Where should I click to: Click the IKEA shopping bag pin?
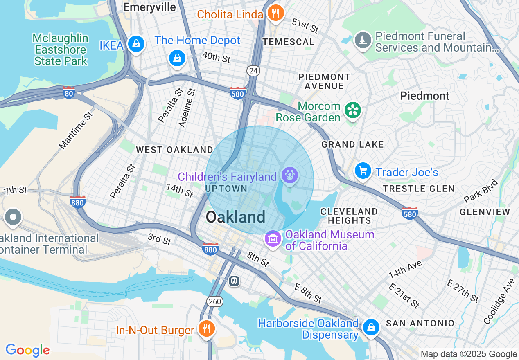coord(135,44)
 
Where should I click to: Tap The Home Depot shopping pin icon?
coord(177,58)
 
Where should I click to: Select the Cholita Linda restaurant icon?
coord(276,13)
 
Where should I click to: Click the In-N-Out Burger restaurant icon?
coord(207,328)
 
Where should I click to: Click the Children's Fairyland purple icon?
coord(290,175)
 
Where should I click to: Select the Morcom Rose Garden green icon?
coord(352,110)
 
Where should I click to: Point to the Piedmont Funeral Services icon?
coord(363,40)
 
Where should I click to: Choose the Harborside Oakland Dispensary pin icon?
coord(371,327)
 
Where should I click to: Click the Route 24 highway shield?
coord(253,71)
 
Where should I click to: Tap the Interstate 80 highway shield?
coord(69,92)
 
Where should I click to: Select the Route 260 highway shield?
coord(214,301)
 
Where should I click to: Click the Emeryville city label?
coord(149,7)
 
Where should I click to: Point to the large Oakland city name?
coord(235,217)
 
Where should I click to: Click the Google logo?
coord(27,350)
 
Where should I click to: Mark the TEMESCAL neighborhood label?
coord(289,42)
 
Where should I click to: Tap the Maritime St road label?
coord(76,129)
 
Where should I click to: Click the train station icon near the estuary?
coord(234,281)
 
